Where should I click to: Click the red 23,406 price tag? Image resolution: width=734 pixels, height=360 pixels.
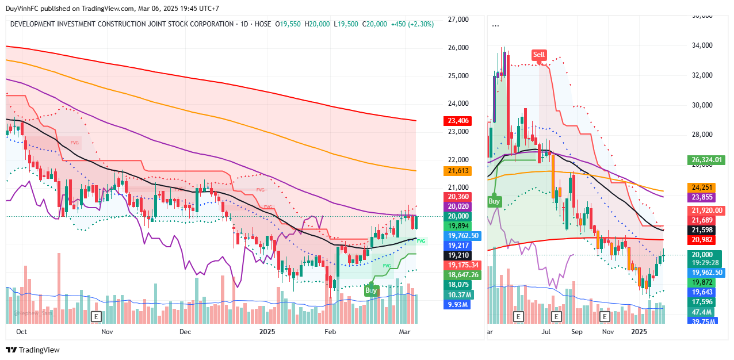coord(457,121)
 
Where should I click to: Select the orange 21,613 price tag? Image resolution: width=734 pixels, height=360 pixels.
coord(457,171)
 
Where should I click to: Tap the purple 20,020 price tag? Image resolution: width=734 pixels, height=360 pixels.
coord(457,206)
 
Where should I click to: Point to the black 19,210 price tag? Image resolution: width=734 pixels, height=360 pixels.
coord(457,255)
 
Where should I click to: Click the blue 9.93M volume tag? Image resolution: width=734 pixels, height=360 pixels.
coord(457,304)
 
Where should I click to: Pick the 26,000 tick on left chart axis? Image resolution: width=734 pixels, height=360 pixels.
coord(458,48)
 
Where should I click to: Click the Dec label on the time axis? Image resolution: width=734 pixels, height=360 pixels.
coord(185,332)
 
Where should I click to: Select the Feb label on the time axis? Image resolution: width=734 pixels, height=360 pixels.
coord(330,332)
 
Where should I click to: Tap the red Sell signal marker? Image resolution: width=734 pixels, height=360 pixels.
coord(538,55)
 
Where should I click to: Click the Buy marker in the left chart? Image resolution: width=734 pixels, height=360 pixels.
coord(371,291)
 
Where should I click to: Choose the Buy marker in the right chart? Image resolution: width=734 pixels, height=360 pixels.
coord(494,201)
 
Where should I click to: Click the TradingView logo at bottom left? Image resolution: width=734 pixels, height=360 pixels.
coord(33,350)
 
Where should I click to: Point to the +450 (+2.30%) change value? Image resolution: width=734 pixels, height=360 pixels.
coord(412,24)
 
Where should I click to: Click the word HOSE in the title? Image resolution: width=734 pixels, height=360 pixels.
coord(262,24)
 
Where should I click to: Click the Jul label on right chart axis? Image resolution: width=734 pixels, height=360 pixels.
coord(545,332)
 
